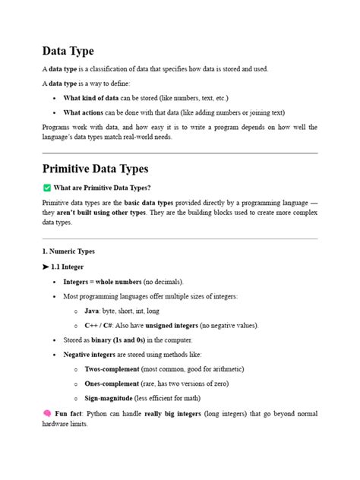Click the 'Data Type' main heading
(68, 51)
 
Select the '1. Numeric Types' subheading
(69, 251)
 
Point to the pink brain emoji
(46, 414)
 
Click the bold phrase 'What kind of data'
(91, 99)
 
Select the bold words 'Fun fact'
(70, 414)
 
